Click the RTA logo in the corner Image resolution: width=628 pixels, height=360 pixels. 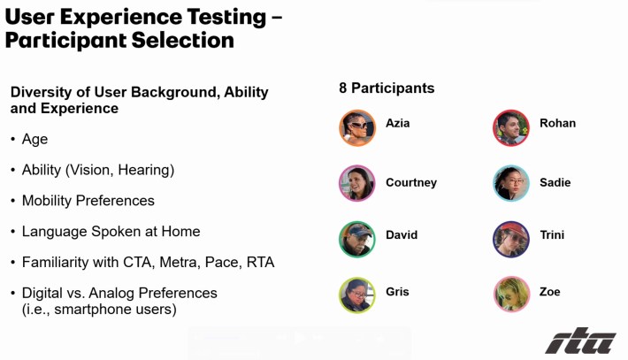(x=580, y=341)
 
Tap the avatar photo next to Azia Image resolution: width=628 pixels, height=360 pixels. (x=357, y=127)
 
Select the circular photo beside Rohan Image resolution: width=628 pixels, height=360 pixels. (x=511, y=127)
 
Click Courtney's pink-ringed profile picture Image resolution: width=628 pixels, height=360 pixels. (x=357, y=183)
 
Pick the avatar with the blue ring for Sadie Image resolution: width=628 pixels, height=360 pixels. (x=511, y=183)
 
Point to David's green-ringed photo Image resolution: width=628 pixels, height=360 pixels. (x=357, y=239)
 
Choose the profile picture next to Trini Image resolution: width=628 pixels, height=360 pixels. (x=511, y=239)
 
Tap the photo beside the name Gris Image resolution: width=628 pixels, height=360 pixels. (x=357, y=295)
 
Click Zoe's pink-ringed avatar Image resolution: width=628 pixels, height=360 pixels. (x=512, y=294)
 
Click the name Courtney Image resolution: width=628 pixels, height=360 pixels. (x=411, y=182)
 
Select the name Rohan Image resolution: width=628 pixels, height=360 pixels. (x=557, y=123)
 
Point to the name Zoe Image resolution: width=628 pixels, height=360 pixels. (x=549, y=292)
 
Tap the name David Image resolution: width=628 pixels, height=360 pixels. (x=402, y=234)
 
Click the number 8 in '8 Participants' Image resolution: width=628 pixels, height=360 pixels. (x=343, y=88)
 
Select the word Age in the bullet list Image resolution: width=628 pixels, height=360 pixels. (x=34, y=140)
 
